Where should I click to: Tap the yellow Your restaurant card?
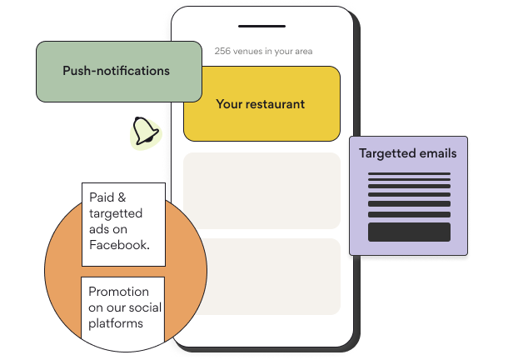coord(261,104)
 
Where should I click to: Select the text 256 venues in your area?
coord(263,52)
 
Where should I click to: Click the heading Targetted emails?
coord(407,153)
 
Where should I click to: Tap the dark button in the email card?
coord(409,232)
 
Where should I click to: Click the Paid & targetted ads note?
coord(123,222)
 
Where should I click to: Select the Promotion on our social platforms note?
coord(123,307)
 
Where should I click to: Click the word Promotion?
coord(118,292)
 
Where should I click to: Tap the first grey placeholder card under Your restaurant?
coord(261,190)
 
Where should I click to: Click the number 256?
coord(222,52)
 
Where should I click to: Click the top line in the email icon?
coord(409,175)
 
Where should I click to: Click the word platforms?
coord(116,323)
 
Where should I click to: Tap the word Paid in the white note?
coord(102,198)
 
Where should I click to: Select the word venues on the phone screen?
coord(247,52)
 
